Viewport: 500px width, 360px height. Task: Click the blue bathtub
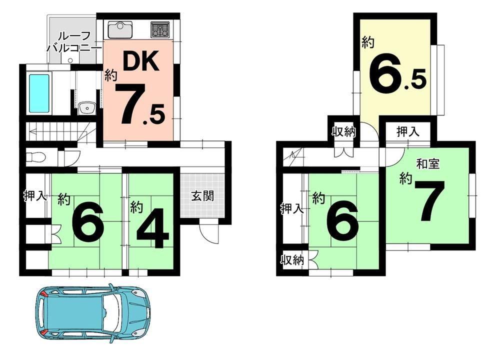pyautogui.click(x=39, y=93)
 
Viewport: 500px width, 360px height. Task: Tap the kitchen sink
pyautogui.click(x=120, y=29)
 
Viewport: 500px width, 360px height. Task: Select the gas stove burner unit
pyautogui.click(x=160, y=29)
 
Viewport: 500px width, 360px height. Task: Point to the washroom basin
pyautogui.click(x=86, y=108)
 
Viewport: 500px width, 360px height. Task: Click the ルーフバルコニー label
pyautogui.click(x=73, y=42)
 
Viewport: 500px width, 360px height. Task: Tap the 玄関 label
pyautogui.click(x=202, y=195)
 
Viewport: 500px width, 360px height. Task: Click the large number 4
pyautogui.click(x=152, y=228)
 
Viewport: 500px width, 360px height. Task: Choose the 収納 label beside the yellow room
pyautogui.click(x=344, y=131)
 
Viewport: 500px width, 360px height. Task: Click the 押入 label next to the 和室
pyautogui.click(x=408, y=131)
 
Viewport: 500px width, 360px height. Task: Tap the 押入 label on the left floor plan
pyautogui.click(x=35, y=196)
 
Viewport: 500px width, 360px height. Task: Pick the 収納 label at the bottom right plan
pyautogui.click(x=292, y=260)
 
